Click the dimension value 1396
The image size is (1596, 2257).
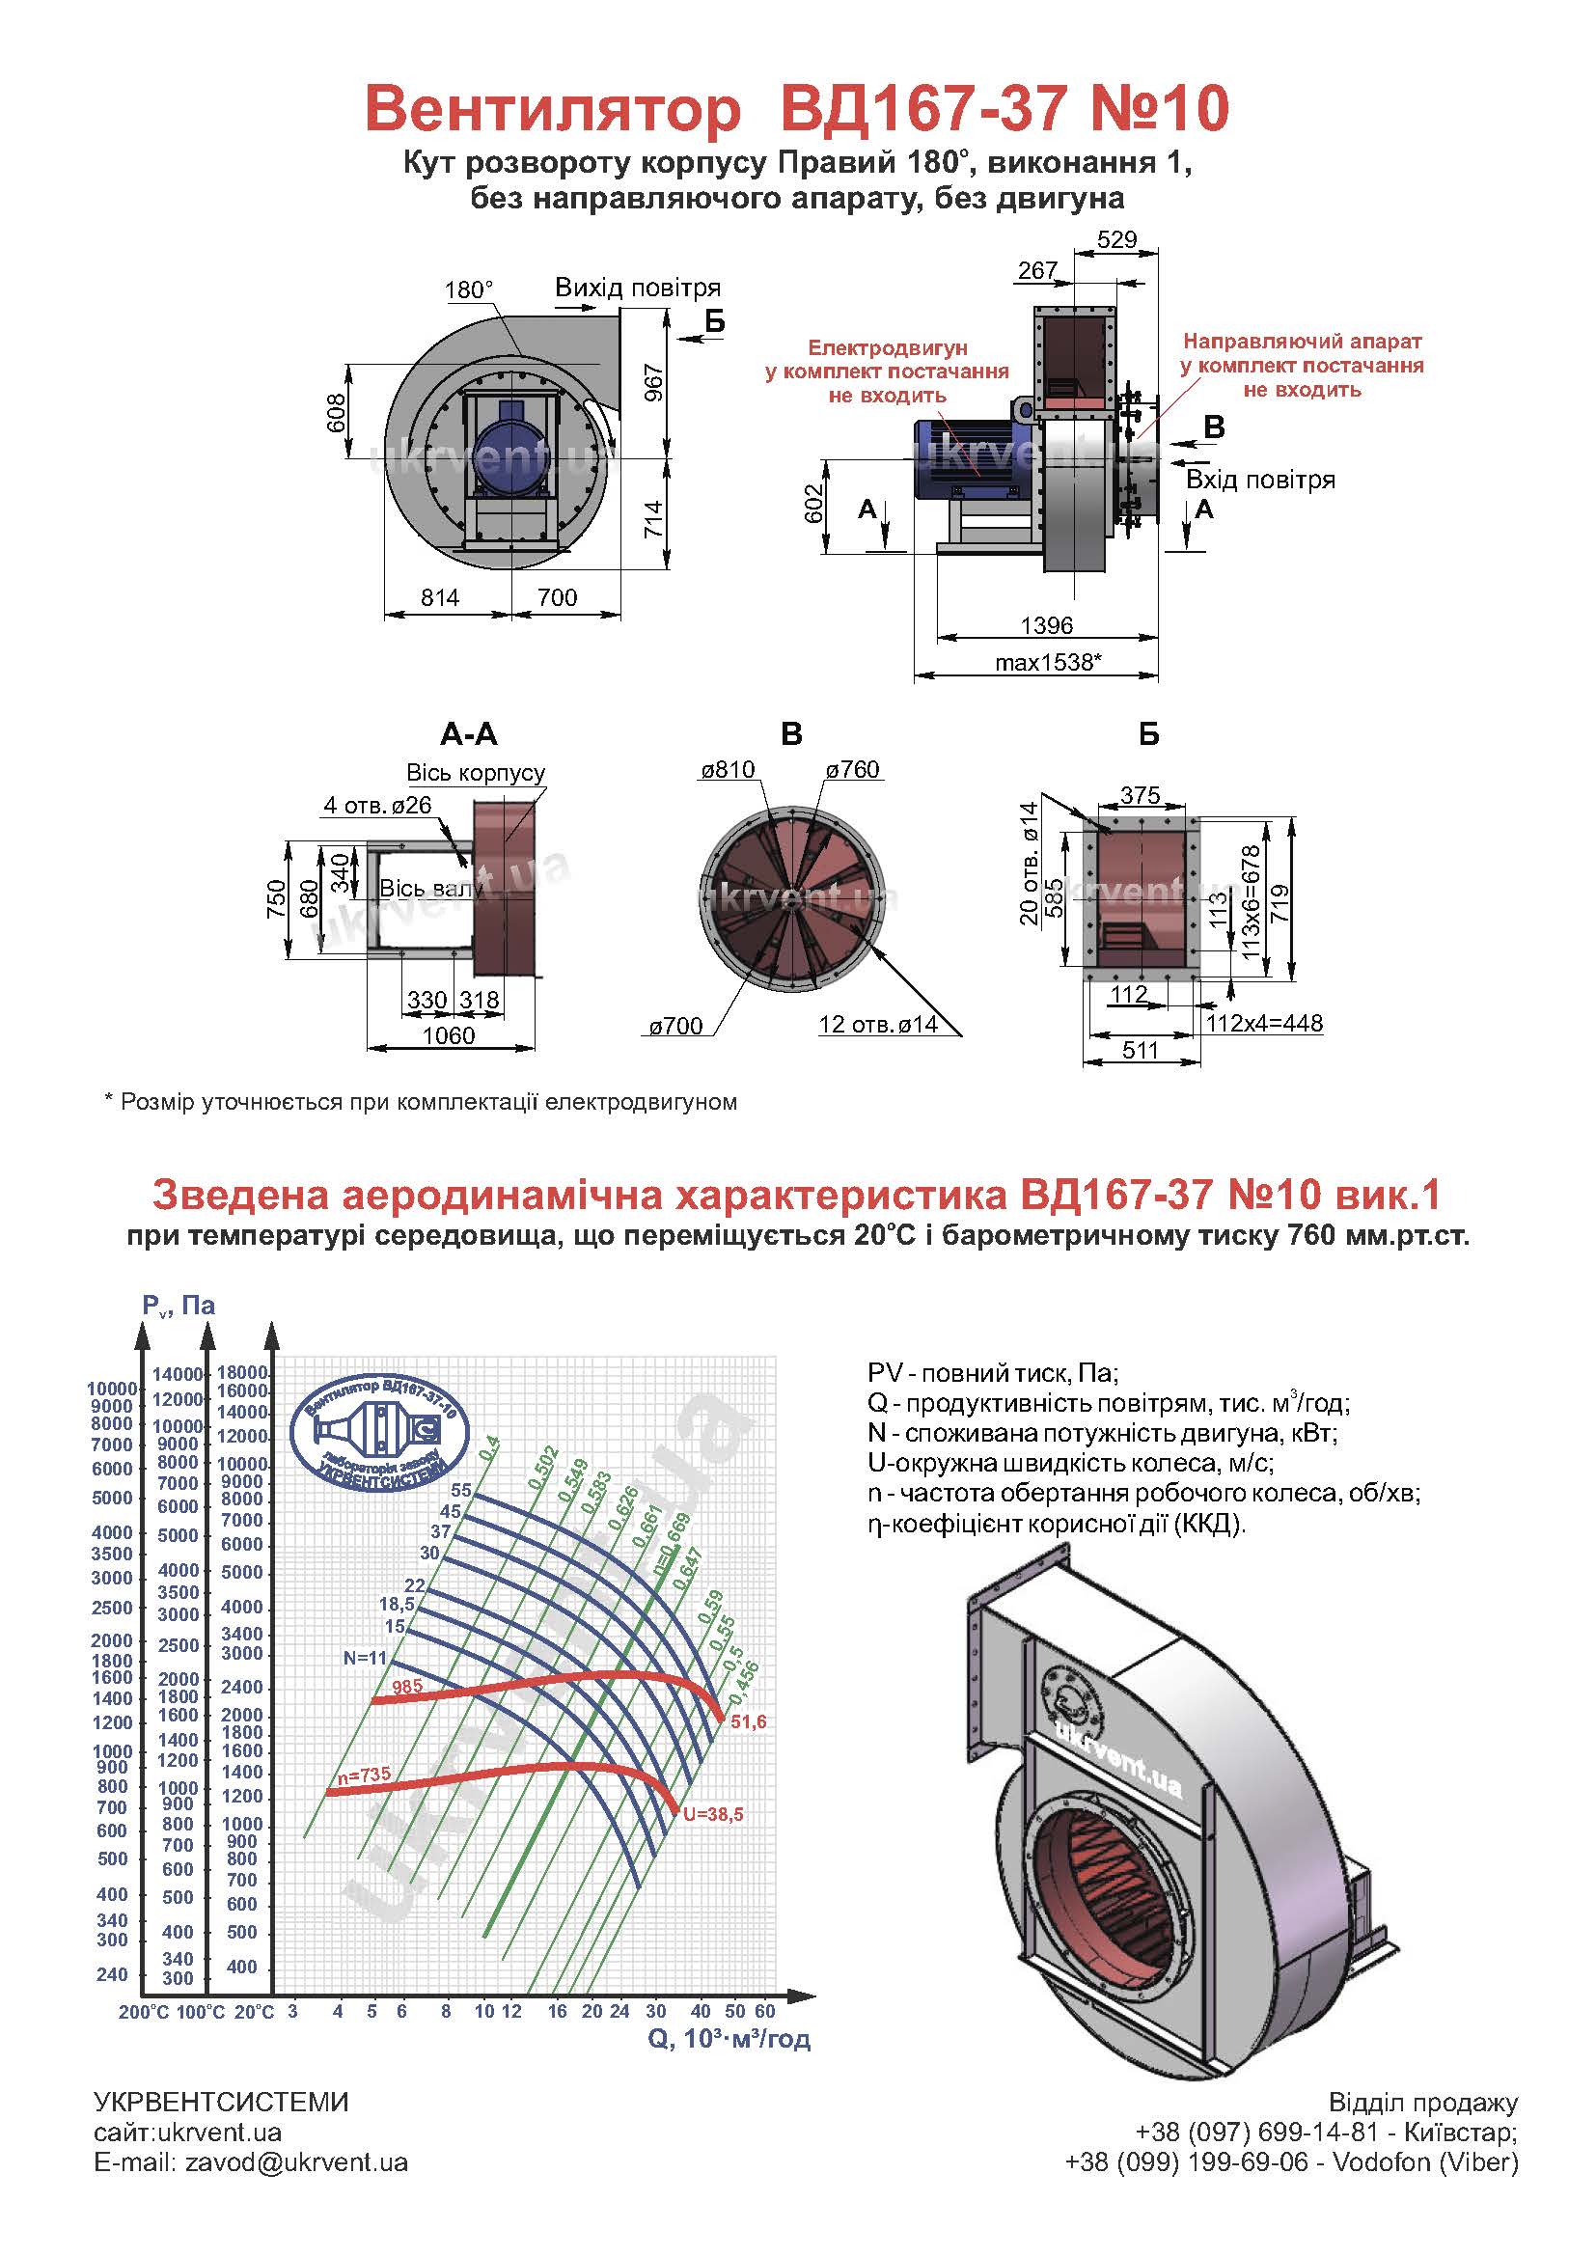point(1047,625)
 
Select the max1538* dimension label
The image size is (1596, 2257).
point(1047,663)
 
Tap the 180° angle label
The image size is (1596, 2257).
point(469,290)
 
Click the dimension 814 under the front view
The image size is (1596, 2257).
point(439,597)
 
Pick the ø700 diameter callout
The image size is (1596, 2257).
point(676,1027)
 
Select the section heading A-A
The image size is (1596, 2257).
point(469,734)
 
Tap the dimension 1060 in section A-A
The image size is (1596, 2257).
point(448,1035)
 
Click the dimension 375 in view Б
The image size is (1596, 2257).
point(1140,795)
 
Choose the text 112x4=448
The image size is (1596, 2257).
point(1265,1023)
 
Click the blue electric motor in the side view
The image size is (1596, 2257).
point(968,460)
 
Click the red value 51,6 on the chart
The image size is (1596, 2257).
point(748,1722)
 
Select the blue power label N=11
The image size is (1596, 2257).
point(366,1658)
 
